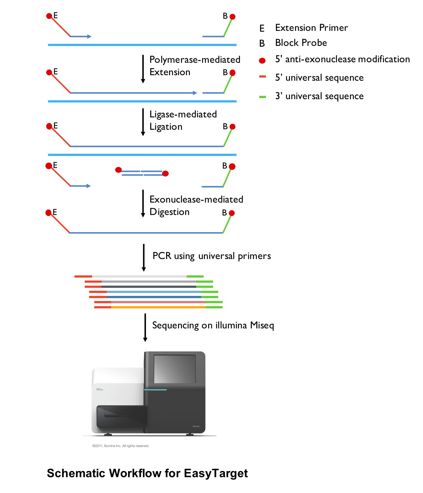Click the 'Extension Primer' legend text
(312, 28)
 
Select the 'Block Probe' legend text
(301, 43)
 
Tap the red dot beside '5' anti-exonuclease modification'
(262, 61)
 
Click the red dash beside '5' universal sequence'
(262, 77)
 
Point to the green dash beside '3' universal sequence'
(262, 97)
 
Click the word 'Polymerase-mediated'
(195, 60)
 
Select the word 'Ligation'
(166, 127)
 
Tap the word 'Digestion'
(170, 212)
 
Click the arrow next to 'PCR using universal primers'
(144, 258)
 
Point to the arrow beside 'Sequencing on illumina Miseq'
(145, 328)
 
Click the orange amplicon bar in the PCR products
(158, 307)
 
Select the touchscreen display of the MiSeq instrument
(175, 369)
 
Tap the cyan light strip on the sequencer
(155, 390)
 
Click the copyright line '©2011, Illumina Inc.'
(121, 446)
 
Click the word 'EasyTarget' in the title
(216, 473)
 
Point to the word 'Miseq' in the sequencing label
(262, 325)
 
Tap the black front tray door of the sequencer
(122, 417)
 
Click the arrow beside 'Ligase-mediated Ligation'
(143, 122)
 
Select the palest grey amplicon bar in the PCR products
(139, 276)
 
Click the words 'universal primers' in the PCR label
(234, 256)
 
